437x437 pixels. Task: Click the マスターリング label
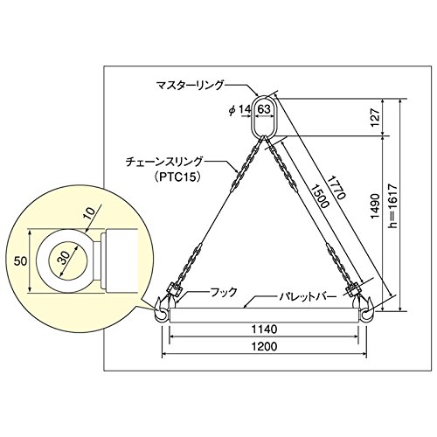click(x=190, y=86)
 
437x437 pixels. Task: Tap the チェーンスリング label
click(x=163, y=162)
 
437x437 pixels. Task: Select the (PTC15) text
click(x=177, y=177)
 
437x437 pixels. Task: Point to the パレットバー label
click(x=308, y=297)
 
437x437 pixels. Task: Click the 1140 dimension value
click(x=264, y=329)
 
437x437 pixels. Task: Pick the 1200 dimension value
click(x=264, y=346)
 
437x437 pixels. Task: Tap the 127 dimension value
click(x=376, y=118)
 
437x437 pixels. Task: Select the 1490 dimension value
click(x=376, y=205)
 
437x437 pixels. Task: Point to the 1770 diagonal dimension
click(x=336, y=187)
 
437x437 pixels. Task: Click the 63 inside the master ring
click(x=264, y=109)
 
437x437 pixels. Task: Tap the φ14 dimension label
click(x=239, y=110)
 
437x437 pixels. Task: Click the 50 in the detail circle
click(x=21, y=261)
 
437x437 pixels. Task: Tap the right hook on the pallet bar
click(x=366, y=309)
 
